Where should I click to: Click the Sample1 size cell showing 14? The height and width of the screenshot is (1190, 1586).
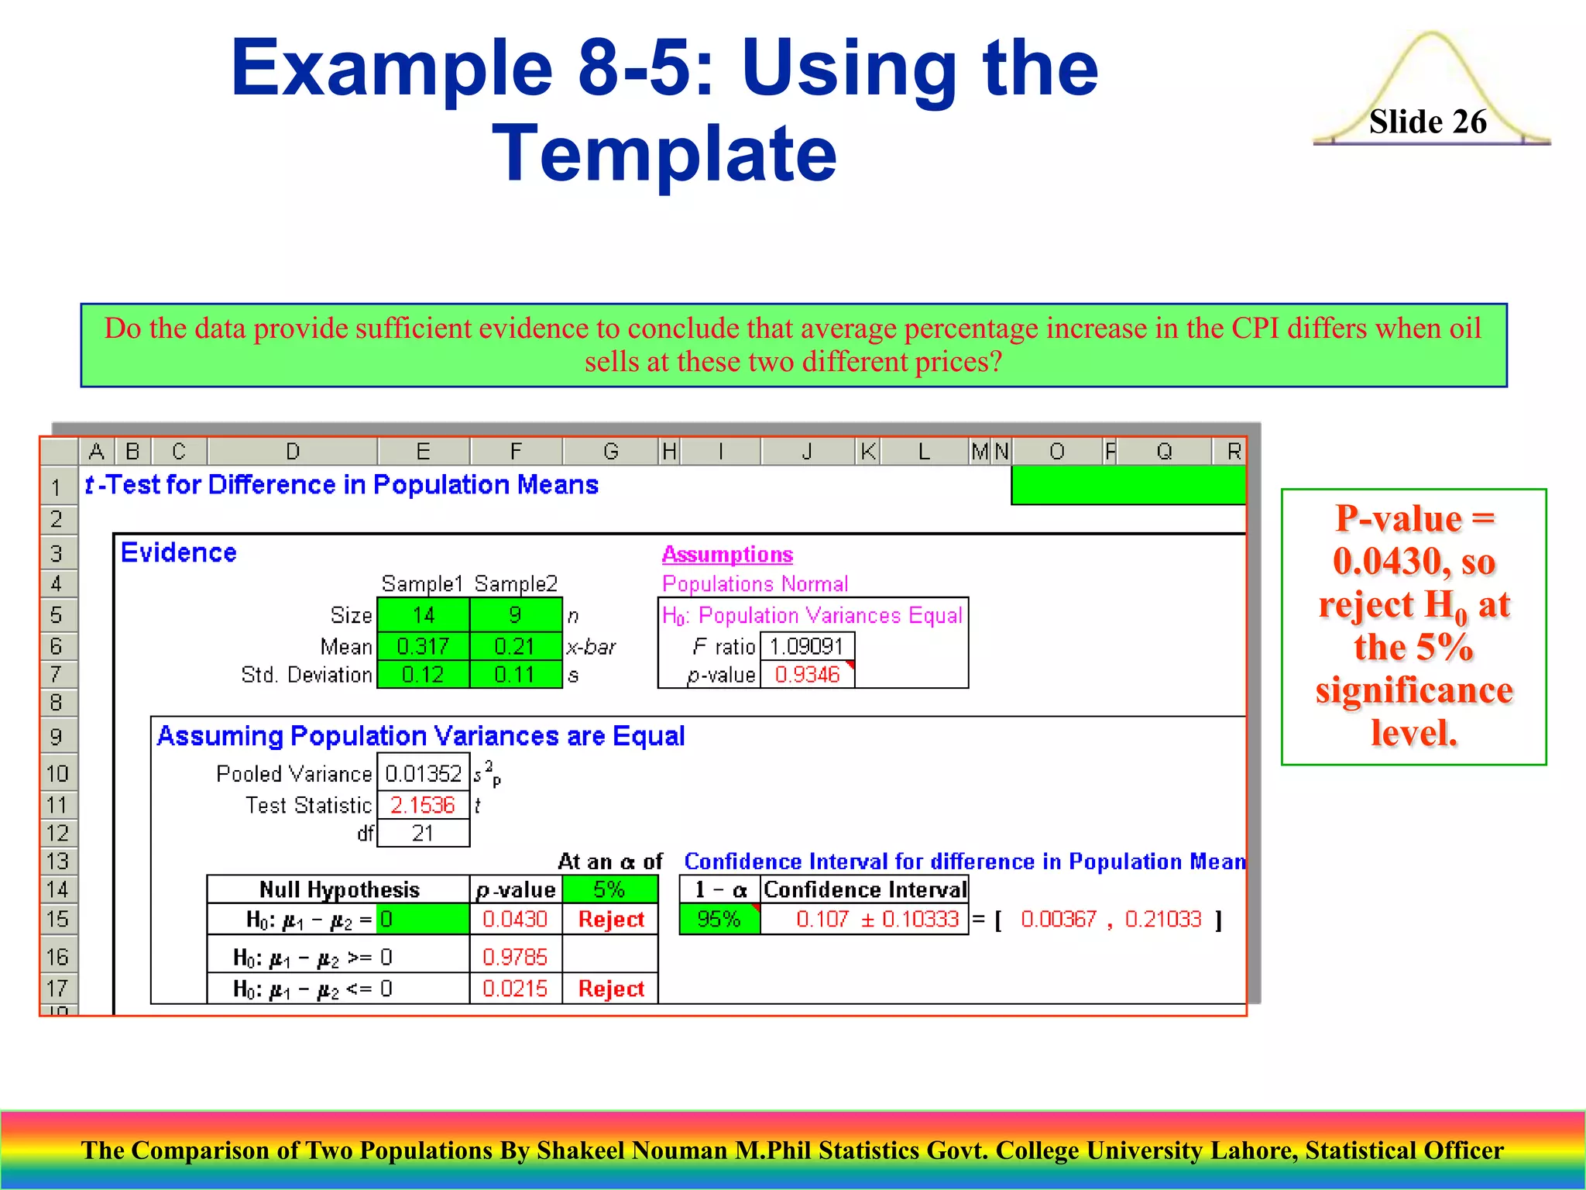point(423,615)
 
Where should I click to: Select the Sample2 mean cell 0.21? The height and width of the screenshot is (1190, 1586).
point(515,645)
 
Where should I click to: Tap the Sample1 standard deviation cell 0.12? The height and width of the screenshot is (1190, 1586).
point(423,675)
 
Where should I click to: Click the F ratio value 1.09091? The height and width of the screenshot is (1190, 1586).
point(806,645)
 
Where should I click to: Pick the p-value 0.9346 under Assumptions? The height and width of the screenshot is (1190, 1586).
point(806,675)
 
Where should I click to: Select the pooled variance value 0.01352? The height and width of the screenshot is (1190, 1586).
point(423,773)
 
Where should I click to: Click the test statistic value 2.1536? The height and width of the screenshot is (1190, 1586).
point(423,805)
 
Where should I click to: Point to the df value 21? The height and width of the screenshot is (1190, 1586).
point(423,834)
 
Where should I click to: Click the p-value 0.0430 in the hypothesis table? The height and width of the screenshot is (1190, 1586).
point(515,919)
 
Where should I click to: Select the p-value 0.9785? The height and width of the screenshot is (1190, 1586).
point(515,957)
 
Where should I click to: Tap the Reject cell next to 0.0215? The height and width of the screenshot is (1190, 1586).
point(611,989)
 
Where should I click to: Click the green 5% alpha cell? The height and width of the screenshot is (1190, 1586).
point(609,889)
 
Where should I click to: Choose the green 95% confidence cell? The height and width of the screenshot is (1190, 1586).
point(719,919)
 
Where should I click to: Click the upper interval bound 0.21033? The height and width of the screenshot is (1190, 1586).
point(1162,919)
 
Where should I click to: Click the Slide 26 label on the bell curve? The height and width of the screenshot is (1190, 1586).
point(1427,122)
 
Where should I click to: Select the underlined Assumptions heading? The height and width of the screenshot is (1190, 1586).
point(727,554)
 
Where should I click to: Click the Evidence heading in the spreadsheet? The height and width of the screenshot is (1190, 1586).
point(179,552)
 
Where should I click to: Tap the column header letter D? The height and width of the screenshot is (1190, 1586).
point(292,451)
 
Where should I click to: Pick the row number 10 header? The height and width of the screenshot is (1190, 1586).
point(58,773)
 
